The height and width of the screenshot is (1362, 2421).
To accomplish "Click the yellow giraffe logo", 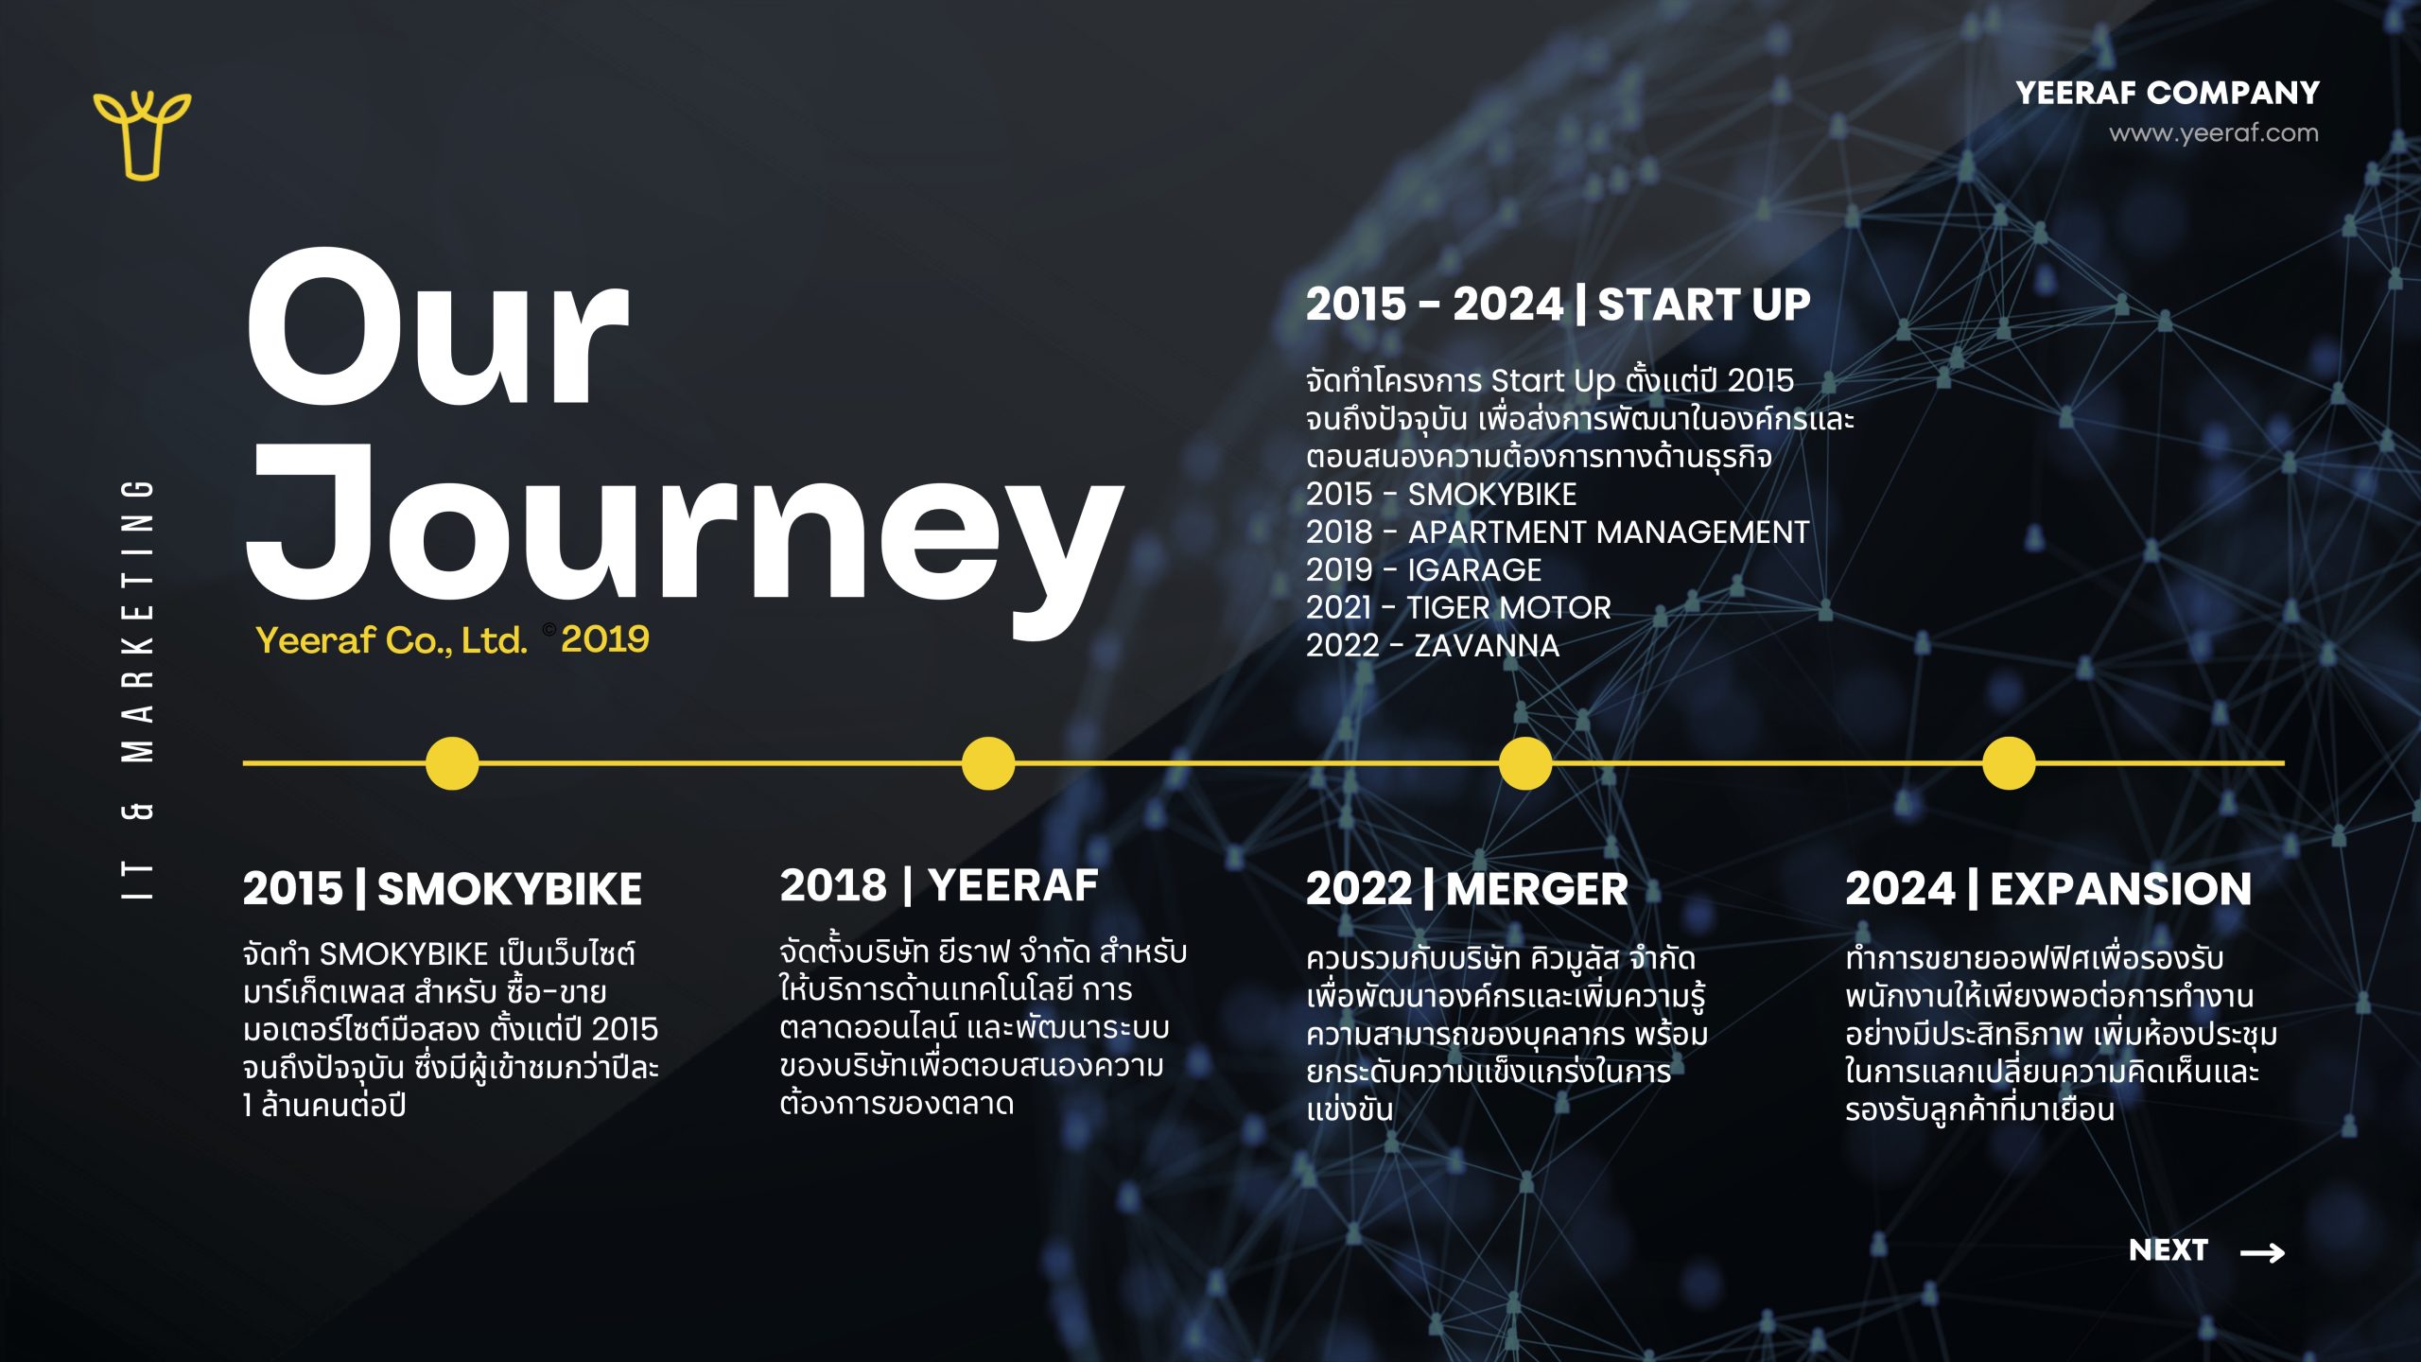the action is [142, 135].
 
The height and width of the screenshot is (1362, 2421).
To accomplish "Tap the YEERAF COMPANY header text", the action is [2168, 93].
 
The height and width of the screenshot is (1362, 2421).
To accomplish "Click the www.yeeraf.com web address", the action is [2214, 133].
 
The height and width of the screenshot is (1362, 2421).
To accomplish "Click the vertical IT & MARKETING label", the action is [138, 689].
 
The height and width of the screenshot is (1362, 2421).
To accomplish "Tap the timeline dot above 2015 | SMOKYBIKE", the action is [452, 763].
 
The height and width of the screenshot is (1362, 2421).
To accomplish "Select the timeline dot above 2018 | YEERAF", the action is [988, 763].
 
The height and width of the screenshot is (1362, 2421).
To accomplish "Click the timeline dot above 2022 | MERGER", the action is [1525, 763].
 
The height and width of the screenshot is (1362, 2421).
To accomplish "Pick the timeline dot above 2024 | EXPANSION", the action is [2009, 763].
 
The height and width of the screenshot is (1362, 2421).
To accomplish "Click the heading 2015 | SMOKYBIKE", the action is [443, 889].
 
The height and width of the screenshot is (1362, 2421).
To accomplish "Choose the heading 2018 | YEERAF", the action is [939, 885].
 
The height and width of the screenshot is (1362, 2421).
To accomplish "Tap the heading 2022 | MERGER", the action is [1467, 889].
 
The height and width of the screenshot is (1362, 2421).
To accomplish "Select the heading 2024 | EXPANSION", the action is [2048, 889].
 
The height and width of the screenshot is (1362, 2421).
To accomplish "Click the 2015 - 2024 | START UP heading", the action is [1559, 305].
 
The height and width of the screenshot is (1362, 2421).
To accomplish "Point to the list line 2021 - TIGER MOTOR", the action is [1458, 607].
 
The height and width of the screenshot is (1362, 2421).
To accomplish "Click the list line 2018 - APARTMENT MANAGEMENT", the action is [1558, 532].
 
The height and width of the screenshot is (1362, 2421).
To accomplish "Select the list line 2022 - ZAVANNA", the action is [1433, 645].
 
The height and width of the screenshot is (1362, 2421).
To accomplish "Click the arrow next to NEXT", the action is [2263, 1252].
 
